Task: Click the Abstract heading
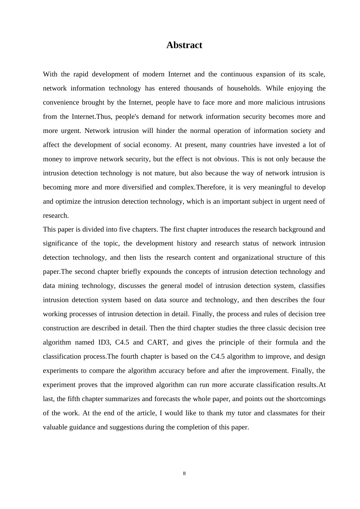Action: point(184,45)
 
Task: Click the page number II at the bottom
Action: point(184,473)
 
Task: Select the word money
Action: point(53,159)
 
